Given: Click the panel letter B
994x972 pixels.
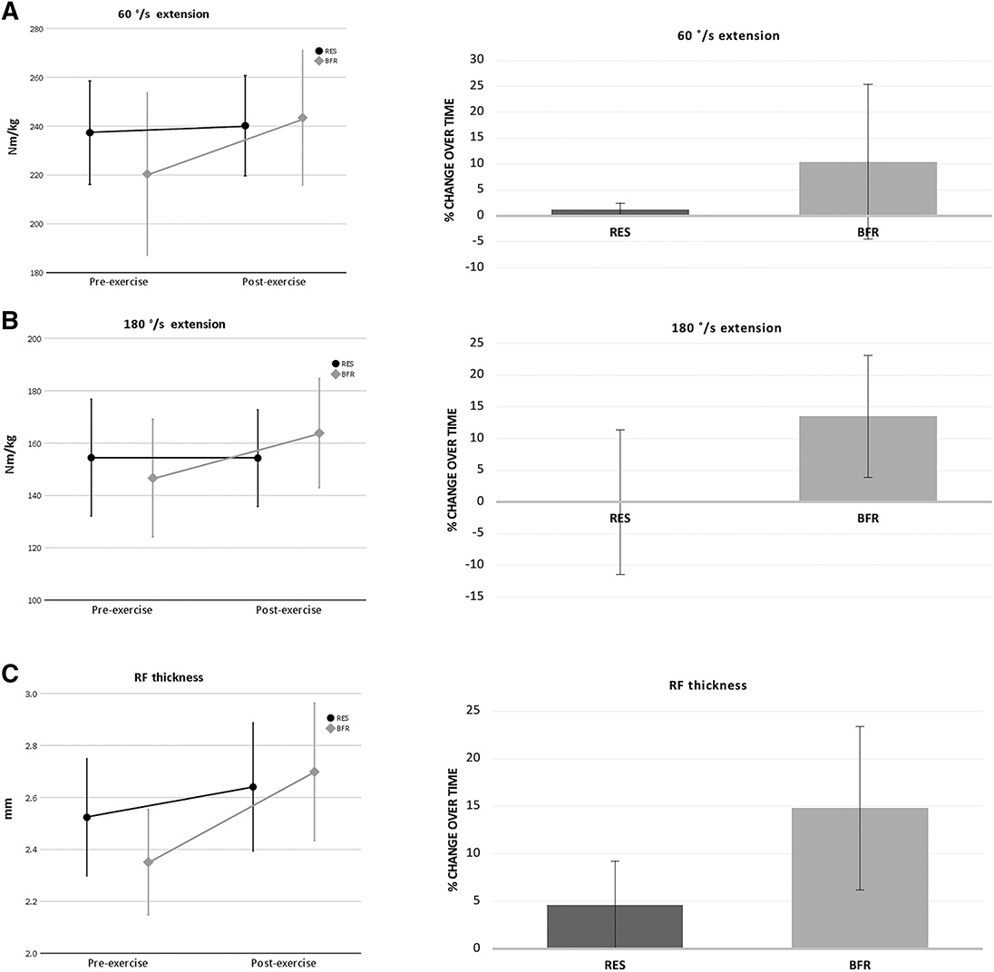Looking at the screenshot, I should [x=9, y=320].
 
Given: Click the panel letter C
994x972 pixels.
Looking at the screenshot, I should [x=9, y=675].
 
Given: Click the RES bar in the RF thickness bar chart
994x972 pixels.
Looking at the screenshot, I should [x=615, y=926].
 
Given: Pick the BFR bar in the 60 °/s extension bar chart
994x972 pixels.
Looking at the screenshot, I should [x=868, y=189].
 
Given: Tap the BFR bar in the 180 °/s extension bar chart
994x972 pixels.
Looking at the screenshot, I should [x=868, y=458].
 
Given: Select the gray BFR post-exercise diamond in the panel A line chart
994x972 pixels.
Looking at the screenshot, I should [x=303, y=118].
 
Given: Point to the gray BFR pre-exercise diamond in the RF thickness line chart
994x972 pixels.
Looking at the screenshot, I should [x=149, y=862].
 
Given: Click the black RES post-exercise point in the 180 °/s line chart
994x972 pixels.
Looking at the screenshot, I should [x=258, y=458].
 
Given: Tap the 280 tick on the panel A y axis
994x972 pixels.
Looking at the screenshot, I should [x=36, y=29].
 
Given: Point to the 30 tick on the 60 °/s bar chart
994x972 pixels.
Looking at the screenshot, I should [x=477, y=60].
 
